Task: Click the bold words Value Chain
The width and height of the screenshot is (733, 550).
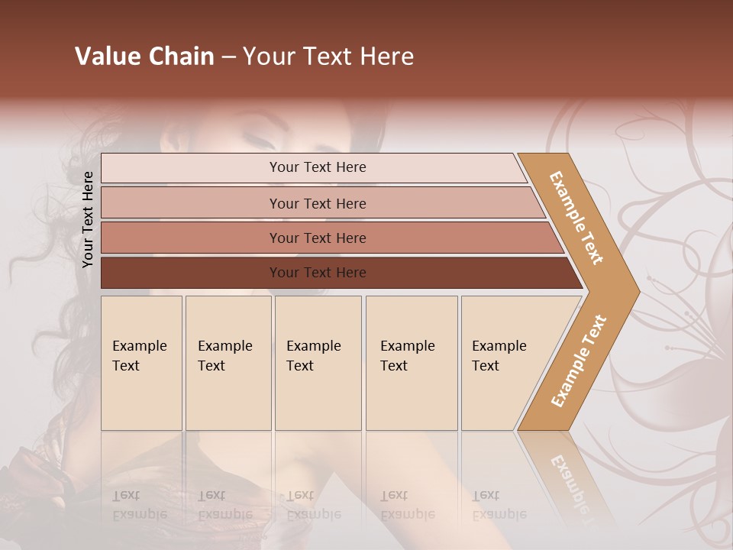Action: [144, 57]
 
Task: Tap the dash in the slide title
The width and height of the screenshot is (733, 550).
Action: [228, 57]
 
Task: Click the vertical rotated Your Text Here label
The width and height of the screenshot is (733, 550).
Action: [88, 219]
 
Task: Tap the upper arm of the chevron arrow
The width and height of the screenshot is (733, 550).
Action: [577, 218]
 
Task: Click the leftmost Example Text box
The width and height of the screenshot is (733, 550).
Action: [141, 363]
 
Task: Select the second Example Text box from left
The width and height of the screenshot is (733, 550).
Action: [228, 363]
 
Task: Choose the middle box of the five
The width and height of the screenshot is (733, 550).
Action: [318, 363]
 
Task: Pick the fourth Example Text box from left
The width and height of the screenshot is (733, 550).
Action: [412, 363]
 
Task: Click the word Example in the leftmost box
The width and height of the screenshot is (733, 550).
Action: [139, 346]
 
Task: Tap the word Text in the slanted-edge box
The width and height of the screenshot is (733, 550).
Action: [486, 366]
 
